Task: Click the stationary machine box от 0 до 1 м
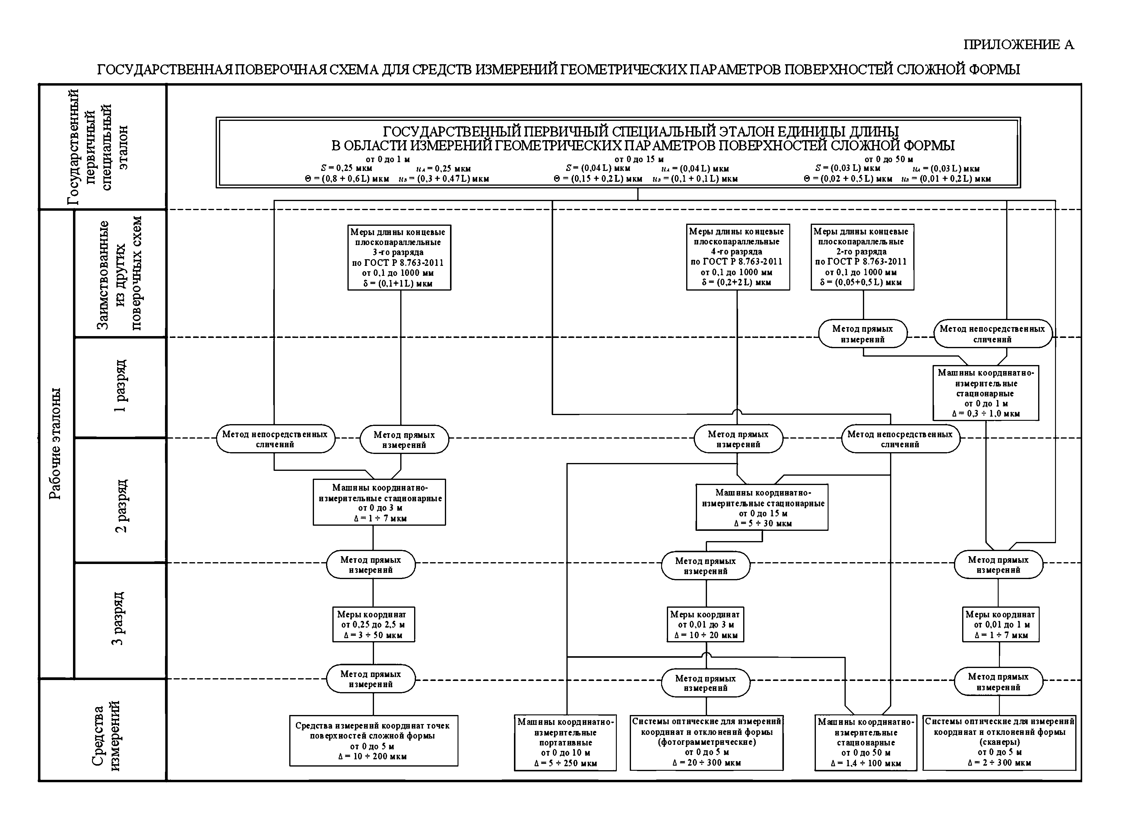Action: (x=986, y=393)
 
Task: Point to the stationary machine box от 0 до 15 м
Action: (x=762, y=507)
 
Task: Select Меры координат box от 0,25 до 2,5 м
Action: (x=373, y=625)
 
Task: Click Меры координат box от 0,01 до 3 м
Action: (x=706, y=625)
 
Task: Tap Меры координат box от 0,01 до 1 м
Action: (x=1000, y=625)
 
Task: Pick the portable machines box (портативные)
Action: (x=566, y=742)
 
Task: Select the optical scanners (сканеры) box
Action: (x=999, y=742)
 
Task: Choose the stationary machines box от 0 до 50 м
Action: (x=866, y=742)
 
